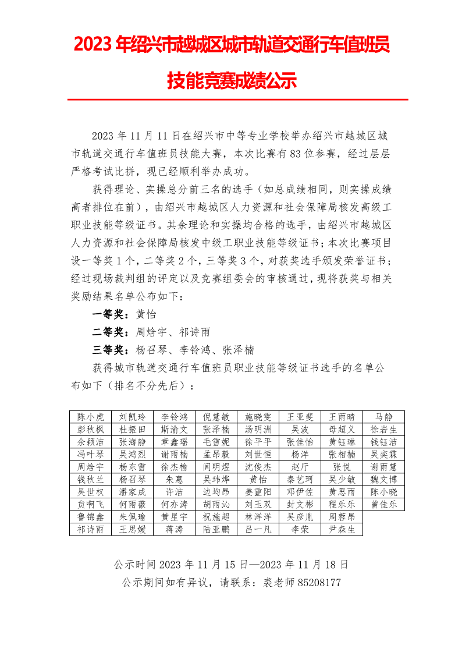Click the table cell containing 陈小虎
tap(90, 417)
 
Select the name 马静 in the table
tap(383, 417)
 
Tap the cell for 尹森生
tap(342, 529)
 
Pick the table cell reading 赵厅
tap(300, 467)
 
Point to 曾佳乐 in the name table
tap(383, 504)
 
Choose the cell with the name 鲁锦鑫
tap(90, 517)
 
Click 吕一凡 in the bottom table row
tap(258, 529)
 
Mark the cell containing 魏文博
tap(383, 479)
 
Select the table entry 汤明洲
tap(258, 430)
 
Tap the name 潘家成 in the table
tap(132, 492)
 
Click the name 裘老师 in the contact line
tap(280, 582)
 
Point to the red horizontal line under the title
tap(237, 100)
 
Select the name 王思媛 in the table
tap(132, 529)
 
